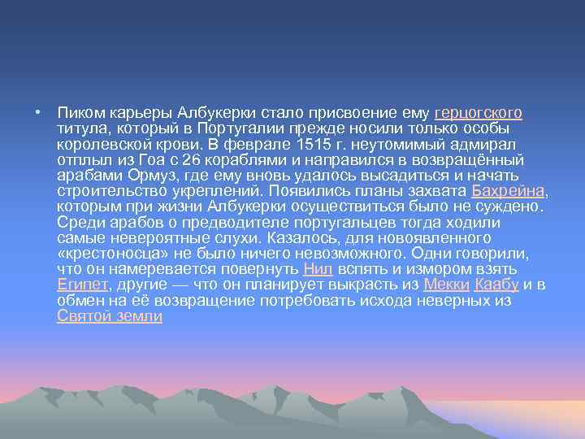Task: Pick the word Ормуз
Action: pyautogui.click(x=154, y=176)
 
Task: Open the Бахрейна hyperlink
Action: pyautogui.click(x=509, y=192)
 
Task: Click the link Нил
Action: pyautogui.click(x=318, y=269)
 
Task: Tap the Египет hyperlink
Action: pyautogui.click(x=84, y=285)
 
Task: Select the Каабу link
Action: pyautogui.click(x=496, y=285)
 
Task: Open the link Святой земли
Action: pyautogui.click(x=110, y=315)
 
